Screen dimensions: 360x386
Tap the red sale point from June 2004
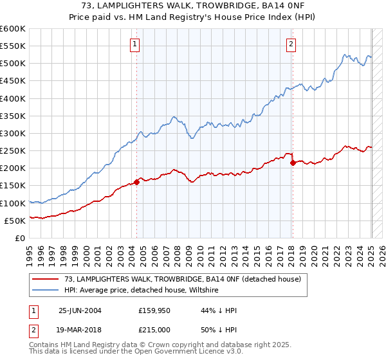[137, 182]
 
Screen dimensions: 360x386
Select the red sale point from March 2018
[293, 163]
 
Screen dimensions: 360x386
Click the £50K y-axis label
[15, 221]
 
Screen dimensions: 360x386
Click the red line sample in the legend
[46, 278]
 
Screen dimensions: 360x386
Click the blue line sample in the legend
[46, 291]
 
